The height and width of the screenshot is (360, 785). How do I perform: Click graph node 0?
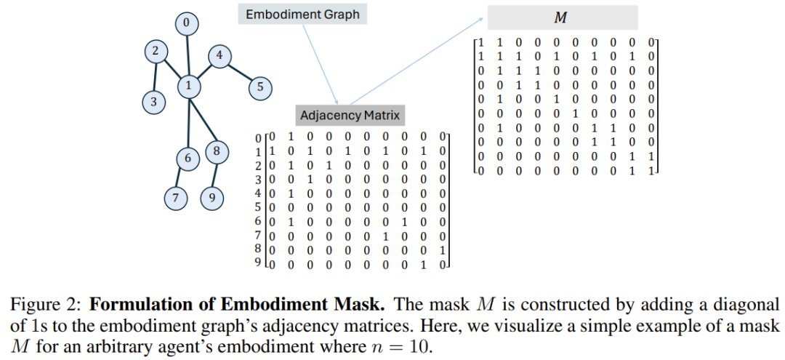click(187, 23)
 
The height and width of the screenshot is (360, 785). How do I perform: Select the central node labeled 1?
click(189, 86)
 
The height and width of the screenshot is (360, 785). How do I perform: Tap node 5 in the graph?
click(259, 87)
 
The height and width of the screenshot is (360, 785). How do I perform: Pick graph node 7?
click(176, 198)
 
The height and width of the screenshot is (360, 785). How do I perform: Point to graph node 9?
click(212, 198)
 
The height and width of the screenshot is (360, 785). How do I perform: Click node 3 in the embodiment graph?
click(153, 102)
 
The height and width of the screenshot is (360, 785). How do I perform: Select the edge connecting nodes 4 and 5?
click(239, 72)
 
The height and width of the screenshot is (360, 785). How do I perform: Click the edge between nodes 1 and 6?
click(189, 123)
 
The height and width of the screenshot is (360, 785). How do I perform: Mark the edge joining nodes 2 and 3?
click(156, 77)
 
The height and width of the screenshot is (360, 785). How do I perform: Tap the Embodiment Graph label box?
click(302, 15)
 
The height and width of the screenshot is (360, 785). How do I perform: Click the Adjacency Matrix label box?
click(350, 116)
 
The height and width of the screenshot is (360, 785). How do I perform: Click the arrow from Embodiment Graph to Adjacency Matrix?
click(321, 64)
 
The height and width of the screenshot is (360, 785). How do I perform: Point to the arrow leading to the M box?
click(416, 61)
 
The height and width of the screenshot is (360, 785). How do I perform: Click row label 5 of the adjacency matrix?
click(259, 206)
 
